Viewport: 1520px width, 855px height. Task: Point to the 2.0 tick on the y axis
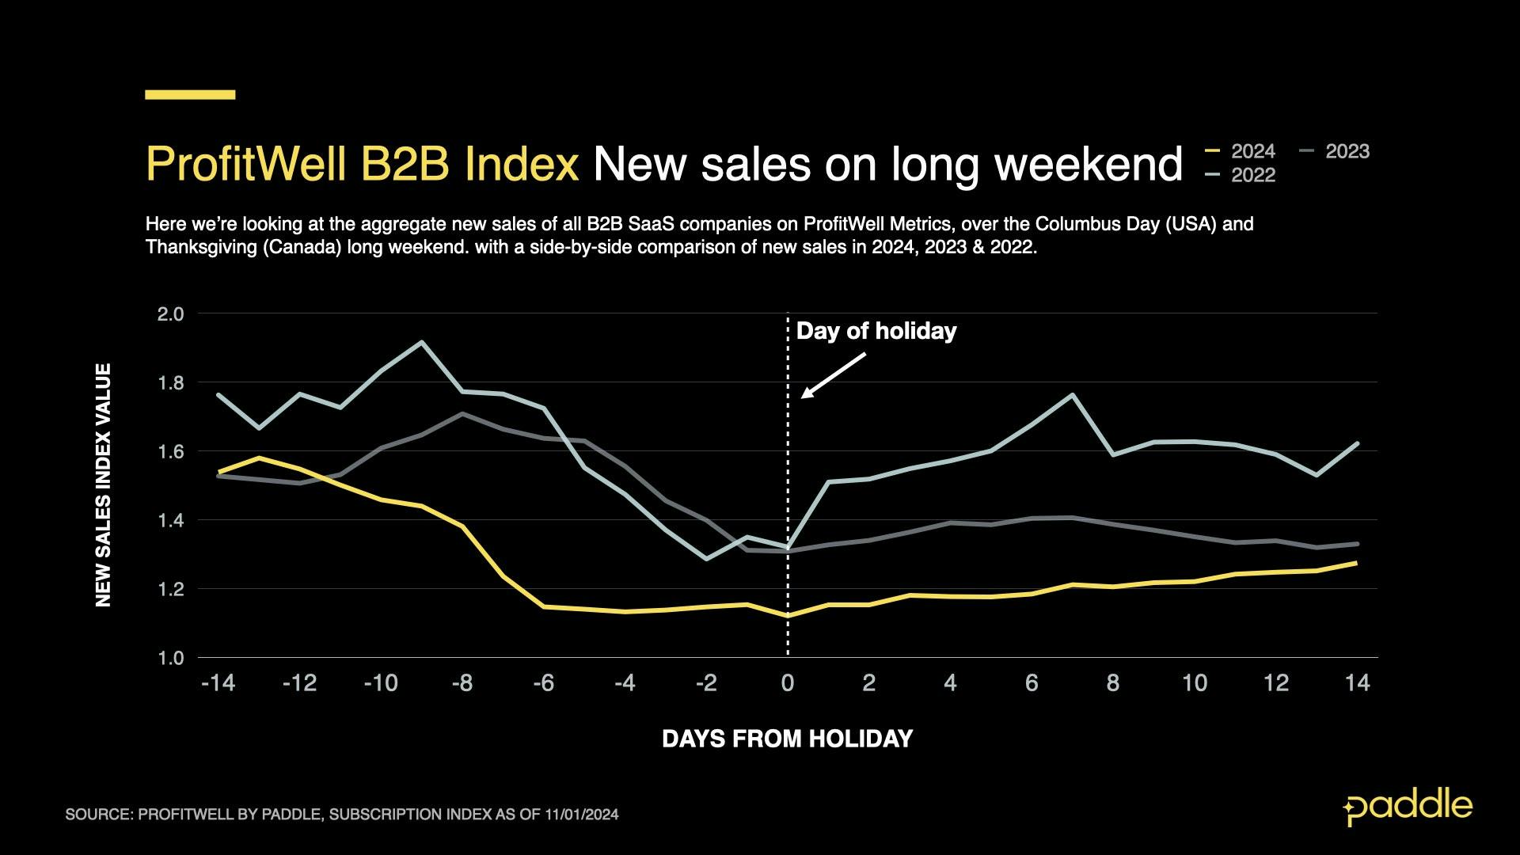coord(170,314)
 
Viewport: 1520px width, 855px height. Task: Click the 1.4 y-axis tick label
coord(170,521)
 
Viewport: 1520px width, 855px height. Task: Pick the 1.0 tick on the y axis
coord(170,658)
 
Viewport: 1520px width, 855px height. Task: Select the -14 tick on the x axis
coord(218,683)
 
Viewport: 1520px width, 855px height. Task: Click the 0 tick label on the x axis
coord(787,683)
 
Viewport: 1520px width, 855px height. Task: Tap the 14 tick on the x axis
coord(1357,683)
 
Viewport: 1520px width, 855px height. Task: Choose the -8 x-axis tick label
coord(462,683)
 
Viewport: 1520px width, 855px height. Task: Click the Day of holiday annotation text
coord(876,331)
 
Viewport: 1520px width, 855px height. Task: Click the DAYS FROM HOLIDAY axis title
coord(787,739)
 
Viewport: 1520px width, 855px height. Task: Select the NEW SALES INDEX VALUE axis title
coord(104,485)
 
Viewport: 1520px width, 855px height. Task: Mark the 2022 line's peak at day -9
coord(421,342)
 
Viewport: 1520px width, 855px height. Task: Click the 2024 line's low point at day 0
coord(787,615)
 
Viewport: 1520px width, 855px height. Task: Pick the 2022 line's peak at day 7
coord(1072,394)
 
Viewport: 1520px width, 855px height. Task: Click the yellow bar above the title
coord(190,95)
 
